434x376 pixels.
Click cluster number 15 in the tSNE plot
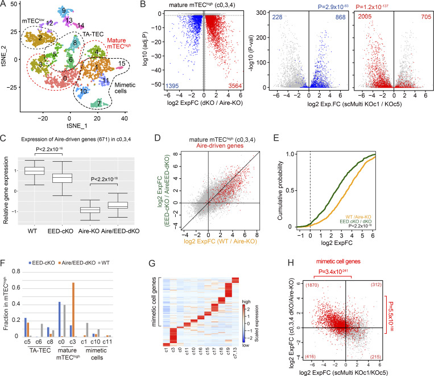(x=122, y=63)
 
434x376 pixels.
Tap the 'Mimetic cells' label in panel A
(x=125, y=88)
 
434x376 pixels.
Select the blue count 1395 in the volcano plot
(x=172, y=86)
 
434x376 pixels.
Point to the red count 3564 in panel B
(x=235, y=86)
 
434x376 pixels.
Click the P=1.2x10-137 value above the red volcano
(x=372, y=7)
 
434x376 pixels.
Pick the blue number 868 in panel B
(x=341, y=17)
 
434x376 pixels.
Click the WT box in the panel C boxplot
(x=35, y=171)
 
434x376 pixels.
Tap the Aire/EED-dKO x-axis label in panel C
(x=120, y=231)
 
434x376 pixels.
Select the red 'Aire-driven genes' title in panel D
(x=220, y=146)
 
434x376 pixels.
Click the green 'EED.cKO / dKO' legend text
(x=356, y=222)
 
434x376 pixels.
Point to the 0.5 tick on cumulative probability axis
(x=292, y=190)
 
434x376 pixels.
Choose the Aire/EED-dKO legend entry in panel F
(x=77, y=263)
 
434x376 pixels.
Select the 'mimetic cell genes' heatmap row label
(x=154, y=302)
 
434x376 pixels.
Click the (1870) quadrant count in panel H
(x=312, y=285)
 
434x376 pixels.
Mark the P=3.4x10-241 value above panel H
(x=333, y=272)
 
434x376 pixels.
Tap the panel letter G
(x=152, y=263)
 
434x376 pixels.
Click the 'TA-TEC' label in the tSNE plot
(x=93, y=34)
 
